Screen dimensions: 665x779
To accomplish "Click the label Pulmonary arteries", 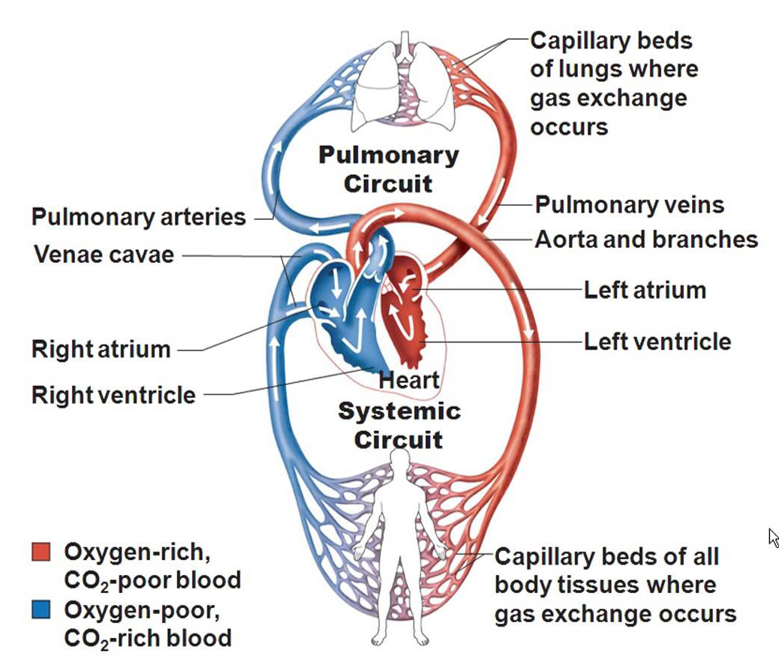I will pyautogui.click(x=138, y=218).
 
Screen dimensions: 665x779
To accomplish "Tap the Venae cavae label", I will pyautogui.click(x=104, y=254).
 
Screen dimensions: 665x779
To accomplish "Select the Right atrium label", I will pyautogui.click(x=101, y=349).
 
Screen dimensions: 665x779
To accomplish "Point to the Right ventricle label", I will pyautogui.click(x=113, y=395).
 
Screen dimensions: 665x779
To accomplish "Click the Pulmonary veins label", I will pyautogui.click(x=629, y=205).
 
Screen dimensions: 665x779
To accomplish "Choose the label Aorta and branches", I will pyautogui.click(x=645, y=239).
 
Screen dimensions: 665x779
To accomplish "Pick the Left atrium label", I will pyautogui.click(x=645, y=290).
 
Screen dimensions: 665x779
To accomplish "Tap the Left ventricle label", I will pyautogui.click(x=657, y=342).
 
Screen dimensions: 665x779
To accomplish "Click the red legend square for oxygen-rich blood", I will pyautogui.click(x=41, y=552).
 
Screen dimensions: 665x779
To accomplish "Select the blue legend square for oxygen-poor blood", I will pyautogui.click(x=41, y=609).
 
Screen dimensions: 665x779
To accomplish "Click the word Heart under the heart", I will pyautogui.click(x=409, y=380).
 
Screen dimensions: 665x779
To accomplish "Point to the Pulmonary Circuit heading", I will pyautogui.click(x=388, y=169).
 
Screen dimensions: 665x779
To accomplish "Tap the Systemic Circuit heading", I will pyautogui.click(x=399, y=425).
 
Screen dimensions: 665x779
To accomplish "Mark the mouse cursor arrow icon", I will pyautogui.click(x=774, y=537).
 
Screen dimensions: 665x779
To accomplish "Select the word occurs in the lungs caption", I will pyautogui.click(x=569, y=126).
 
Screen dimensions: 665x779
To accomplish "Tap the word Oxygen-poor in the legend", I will pyautogui.click(x=141, y=609).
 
